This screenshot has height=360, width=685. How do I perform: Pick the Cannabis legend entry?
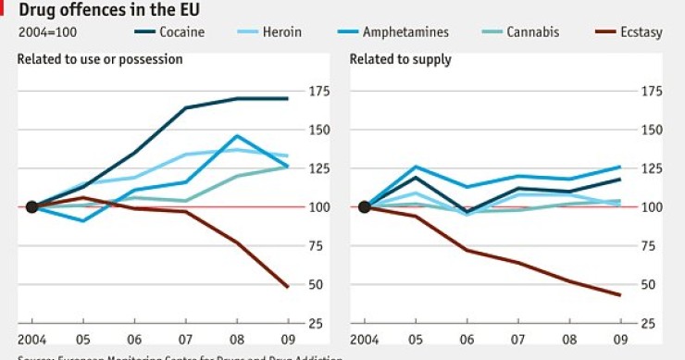pyautogui.click(x=532, y=32)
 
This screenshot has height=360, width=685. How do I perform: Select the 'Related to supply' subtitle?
pyautogui.click(x=401, y=59)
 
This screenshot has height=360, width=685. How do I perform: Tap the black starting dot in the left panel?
pyautogui.click(x=31, y=206)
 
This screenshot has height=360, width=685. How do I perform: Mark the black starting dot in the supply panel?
pyautogui.click(x=364, y=206)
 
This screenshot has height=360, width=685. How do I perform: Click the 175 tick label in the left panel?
pyautogui.click(x=319, y=91)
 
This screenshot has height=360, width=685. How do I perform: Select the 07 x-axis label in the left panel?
pyautogui.click(x=185, y=338)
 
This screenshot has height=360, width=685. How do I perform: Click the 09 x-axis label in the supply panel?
pyautogui.click(x=618, y=338)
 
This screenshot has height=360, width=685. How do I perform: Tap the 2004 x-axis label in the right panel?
pyautogui.click(x=365, y=338)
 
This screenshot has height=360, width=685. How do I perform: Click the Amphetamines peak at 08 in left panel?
pyautogui.click(x=237, y=136)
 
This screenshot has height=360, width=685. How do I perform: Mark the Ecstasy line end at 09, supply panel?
pyautogui.click(x=619, y=295)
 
